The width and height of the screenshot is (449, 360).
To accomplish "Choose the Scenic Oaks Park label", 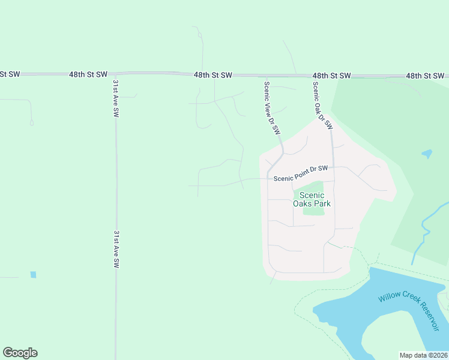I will tap(312, 199).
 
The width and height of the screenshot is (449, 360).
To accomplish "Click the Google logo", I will tap(20, 353).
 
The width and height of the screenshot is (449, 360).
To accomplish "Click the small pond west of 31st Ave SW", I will tap(33, 275).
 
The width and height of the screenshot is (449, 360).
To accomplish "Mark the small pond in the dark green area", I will tap(427, 154).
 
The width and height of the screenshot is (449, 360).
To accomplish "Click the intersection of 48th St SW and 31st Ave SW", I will tap(115, 74).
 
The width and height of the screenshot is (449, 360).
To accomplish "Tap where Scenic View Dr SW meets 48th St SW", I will tap(264, 76).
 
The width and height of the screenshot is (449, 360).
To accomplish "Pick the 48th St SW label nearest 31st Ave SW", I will tap(88, 74).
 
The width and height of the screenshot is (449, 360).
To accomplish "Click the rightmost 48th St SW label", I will tap(424, 76).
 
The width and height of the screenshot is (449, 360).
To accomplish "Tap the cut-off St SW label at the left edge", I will tap(10, 74).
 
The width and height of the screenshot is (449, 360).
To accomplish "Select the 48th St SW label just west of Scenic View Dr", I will tap(212, 75).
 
